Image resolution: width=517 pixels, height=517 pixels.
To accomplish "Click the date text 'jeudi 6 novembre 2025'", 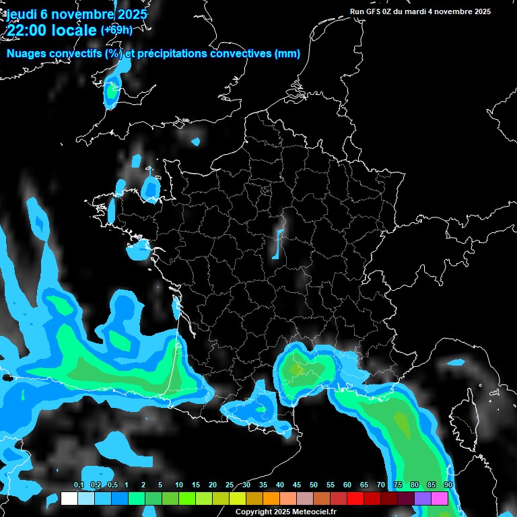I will point(77,14).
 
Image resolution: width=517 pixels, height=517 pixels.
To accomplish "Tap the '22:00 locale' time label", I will point(50,30).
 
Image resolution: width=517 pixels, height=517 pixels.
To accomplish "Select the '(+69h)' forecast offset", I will point(116,30).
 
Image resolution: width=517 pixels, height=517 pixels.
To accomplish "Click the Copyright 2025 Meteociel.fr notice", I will point(285,512).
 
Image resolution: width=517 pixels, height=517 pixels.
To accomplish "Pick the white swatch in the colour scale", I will point(69,499).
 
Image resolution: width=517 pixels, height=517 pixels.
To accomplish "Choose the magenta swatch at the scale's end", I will point(440,499).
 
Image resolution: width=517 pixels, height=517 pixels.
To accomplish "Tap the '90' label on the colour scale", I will point(448,485).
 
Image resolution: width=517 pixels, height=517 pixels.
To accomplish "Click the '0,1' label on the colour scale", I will point(79,485).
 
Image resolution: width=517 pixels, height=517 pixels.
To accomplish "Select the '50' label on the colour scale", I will point(314,485).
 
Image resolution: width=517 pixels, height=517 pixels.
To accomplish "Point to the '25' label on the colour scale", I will point(230,485).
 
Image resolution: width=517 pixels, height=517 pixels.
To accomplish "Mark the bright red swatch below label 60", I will point(355,499).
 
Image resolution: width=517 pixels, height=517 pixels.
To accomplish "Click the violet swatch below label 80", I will point(423,499).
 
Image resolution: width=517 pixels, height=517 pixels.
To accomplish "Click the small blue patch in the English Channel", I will point(196,142).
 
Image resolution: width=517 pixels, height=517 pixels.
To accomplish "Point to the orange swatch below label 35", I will point(271,499).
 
